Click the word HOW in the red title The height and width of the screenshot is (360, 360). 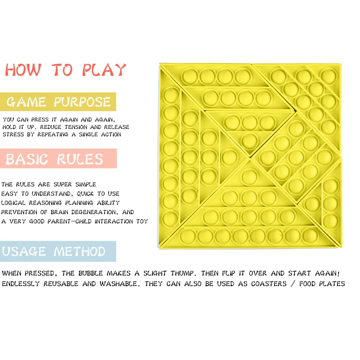point(23,70)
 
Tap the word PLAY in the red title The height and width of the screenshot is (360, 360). point(104,70)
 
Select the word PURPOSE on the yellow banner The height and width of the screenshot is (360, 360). point(82,102)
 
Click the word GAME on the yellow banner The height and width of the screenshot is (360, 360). point(26,102)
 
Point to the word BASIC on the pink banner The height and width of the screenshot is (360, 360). point(27,159)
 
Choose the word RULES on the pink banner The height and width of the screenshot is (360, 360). point(80,159)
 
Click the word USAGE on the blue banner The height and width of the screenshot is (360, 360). point(24,251)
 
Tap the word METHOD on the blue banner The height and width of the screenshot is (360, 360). point(79,251)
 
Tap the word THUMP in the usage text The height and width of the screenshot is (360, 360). point(183,273)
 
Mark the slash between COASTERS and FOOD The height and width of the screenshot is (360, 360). point(293,284)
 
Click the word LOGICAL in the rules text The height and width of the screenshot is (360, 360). point(13,203)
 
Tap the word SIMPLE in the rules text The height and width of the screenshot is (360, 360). point(86,184)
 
